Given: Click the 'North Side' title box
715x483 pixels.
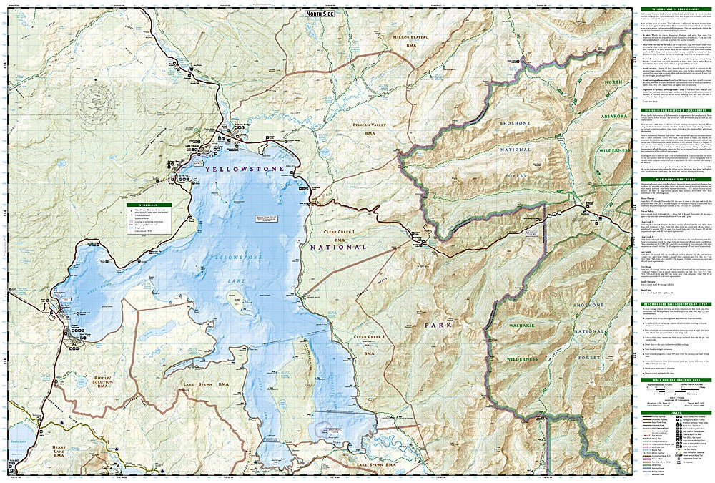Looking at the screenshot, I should (x=319, y=13).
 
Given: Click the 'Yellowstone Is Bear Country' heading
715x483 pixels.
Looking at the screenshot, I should (x=672, y=9).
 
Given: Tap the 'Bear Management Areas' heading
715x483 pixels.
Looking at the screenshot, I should (x=672, y=180).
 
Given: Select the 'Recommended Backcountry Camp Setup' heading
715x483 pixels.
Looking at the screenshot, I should (x=672, y=303).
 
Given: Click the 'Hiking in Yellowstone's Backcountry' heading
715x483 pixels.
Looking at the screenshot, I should (x=672, y=112).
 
